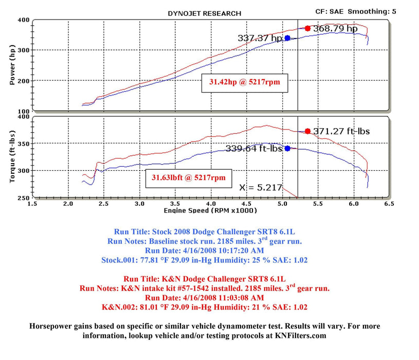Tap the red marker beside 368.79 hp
pyautogui.click(x=307, y=28)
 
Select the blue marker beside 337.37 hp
pyautogui.click(x=287, y=38)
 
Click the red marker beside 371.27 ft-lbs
pyautogui.click(x=307, y=131)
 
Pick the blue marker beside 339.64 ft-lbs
pyautogui.click(x=287, y=148)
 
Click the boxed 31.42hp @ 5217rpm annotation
pyautogui.click(x=244, y=82)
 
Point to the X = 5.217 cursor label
pyautogui.click(x=261, y=188)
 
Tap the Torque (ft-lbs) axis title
pyautogui.click(x=13, y=157)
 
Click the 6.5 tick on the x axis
pyautogui.click(x=389, y=204)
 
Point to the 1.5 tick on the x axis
pyautogui.click(x=32, y=204)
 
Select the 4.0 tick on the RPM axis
pyautogui.click(x=211, y=204)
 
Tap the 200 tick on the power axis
pyautogui.click(x=24, y=81)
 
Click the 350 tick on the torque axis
pyautogui.click(x=24, y=143)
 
